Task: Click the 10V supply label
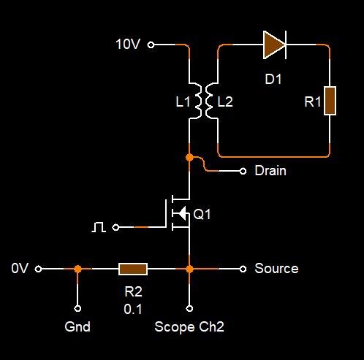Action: click(x=128, y=45)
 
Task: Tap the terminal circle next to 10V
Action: click(x=151, y=45)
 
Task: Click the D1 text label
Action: click(x=273, y=79)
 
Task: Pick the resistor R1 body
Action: click(x=330, y=101)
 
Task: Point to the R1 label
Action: click(x=313, y=102)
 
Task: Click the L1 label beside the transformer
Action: click(x=183, y=102)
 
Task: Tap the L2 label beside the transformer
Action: click(x=225, y=102)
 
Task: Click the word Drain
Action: click(x=270, y=171)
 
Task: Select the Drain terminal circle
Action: click(x=243, y=172)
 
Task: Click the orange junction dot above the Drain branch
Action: click(x=189, y=158)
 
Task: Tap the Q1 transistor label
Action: click(x=202, y=214)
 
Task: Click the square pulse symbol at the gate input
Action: click(x=99, y=227)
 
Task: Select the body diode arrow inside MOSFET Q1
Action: click(x=182, y=213)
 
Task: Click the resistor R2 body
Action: click(x=133, y=269)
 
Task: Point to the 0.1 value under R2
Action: click(x=133, y=309)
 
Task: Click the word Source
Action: click(x=276, y=269)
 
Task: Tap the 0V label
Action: click(x=20, y=268)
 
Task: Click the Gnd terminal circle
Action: click(x=77, y=309)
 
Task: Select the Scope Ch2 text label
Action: click(x=189, y=326)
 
